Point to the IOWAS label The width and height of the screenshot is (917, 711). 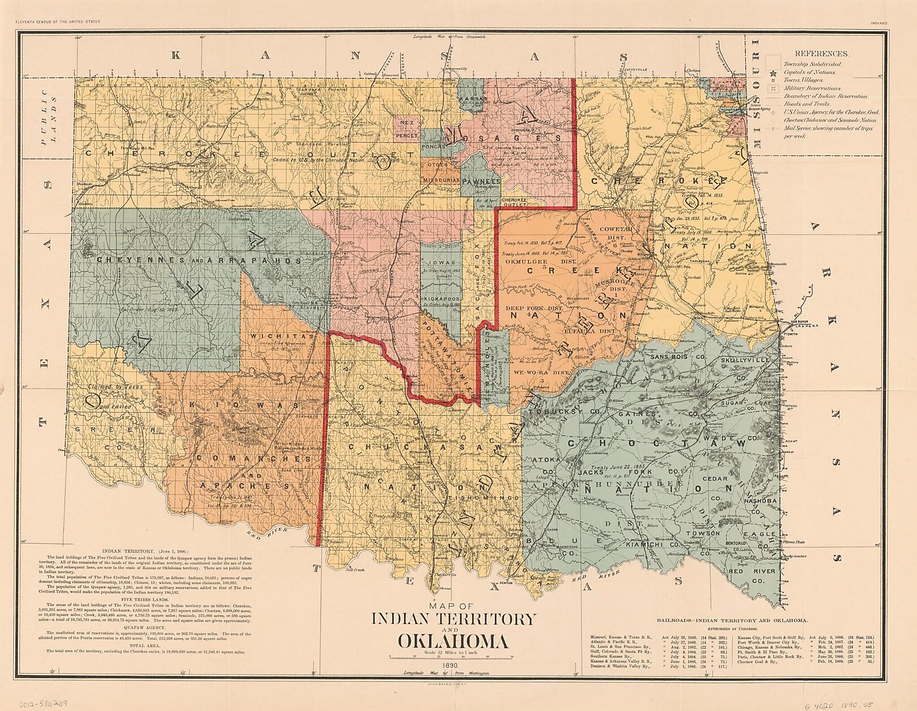[441, 263]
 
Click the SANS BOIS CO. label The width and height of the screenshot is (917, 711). [674, 357]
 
